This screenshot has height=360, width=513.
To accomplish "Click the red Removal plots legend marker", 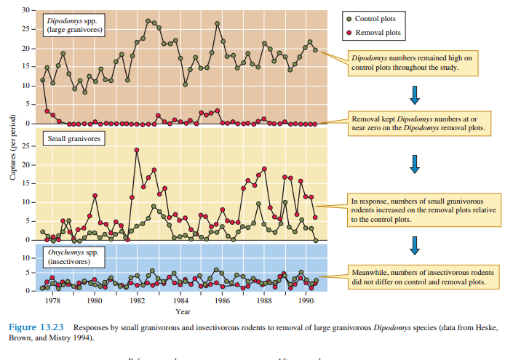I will pos(350,32).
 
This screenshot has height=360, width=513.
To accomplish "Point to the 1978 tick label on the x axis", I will pos(52,300).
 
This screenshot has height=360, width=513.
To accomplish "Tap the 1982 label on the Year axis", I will pos(137,300).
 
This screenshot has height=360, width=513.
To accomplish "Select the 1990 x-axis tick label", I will pos(306,300).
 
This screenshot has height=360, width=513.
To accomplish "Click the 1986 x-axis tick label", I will pos(222,300).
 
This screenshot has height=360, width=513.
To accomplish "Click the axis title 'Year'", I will pos(183,311).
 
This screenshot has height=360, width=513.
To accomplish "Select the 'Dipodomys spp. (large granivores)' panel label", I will pos(74,26).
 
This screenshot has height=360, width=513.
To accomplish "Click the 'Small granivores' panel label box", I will pos(74,137).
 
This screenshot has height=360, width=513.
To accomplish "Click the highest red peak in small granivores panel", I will pos(137,151).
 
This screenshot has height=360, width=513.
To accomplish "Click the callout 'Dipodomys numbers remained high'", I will pos(412,63).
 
